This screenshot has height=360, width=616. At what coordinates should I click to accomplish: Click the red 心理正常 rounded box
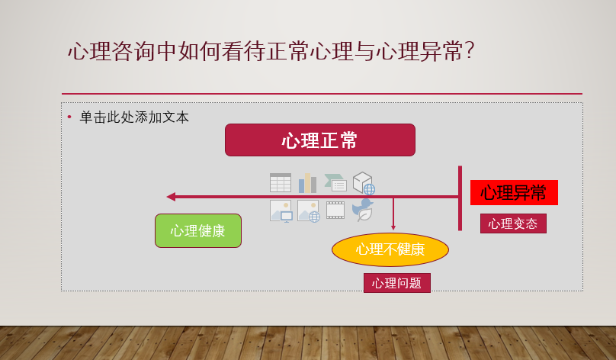(x=319, y=140)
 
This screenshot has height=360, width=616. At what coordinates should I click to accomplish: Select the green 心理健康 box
(x=197, y=230)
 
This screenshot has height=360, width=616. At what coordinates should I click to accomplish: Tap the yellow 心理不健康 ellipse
(x=390, y=249)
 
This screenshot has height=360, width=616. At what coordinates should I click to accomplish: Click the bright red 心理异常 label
(x=513, y=193)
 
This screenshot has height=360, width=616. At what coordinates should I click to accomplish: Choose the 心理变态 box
(x=513, y=223)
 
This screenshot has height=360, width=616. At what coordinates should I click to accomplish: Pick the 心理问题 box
(x=396, y=283)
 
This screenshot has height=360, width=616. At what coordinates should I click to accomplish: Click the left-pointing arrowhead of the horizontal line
(x=171, y=197)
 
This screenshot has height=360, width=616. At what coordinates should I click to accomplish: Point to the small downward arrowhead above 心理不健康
(x=393, y=227)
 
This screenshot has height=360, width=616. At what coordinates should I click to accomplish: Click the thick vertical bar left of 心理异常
(x=460, y=198)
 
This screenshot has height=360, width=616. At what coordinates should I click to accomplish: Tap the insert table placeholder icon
(x=281, y=183)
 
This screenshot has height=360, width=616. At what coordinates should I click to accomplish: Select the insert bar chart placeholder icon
(x=307, y=183)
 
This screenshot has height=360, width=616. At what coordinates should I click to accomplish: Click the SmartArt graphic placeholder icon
(x=335, y=183)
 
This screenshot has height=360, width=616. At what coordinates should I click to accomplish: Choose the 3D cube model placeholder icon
(x=363, y=183)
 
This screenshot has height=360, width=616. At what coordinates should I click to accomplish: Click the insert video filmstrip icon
(x=335, y=211)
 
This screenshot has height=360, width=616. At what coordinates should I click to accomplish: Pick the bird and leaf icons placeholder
(x=363, y=211)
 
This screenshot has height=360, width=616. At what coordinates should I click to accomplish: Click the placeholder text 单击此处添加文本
(x=134, y=117)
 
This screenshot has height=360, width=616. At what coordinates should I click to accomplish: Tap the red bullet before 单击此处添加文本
(x=69, y=117)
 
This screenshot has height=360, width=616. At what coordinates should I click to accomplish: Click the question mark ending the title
(x=470, y=51)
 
